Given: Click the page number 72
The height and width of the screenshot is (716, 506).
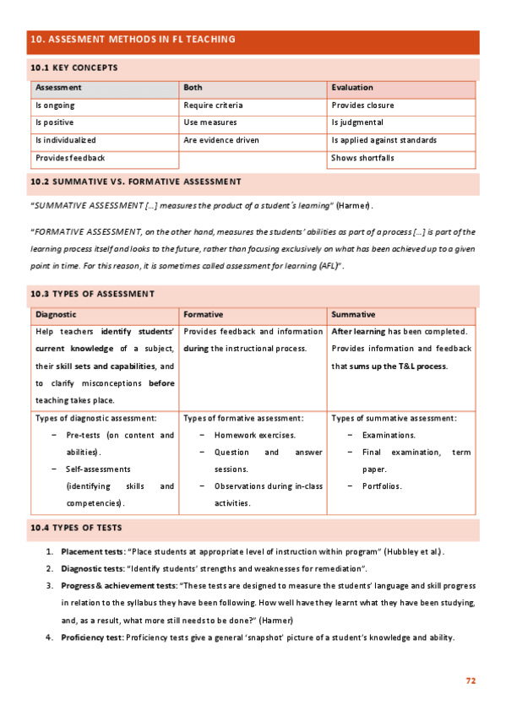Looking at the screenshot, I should pyautogui.click(x=471, y=680).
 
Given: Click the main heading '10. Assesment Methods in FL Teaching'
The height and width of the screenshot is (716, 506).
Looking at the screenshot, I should pyautogui.click(x=133, y=40).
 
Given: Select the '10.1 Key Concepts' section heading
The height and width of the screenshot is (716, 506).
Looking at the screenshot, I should pyautogui.click(x=73, y=68).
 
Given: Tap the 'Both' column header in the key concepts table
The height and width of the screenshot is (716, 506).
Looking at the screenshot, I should pyautogui.click(x=193, y=88).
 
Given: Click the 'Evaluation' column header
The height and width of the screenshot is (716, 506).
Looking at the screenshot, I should pyautogui.click(x=352, y=88).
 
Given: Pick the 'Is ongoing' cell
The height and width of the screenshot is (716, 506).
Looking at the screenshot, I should pyautogui.click(x=55, y=106).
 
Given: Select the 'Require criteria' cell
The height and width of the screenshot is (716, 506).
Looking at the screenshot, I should pyautogui.click(x=213, y=106).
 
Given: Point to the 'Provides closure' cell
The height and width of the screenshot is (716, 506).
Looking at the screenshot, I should pyautogui.click(x=362, y=106).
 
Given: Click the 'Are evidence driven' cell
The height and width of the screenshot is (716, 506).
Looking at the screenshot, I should pyautogui.click(x=221, y=140).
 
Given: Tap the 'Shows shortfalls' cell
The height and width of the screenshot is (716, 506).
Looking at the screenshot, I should pyautogui.click(x=362, y=158).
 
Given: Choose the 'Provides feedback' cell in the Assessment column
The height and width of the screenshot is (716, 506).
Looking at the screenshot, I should pyautogui.click(x=70, y=158).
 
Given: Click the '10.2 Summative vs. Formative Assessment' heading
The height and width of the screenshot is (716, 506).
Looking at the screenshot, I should pyautogui.click(x=135, y=182).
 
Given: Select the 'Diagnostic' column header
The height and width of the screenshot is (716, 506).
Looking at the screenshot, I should pyautogui.click(x=56, y=313).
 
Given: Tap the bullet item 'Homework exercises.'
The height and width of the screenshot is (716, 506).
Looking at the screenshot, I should pyautogui.click(x=255, y=435).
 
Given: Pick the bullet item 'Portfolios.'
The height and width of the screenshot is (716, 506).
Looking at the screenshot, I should pyautogui.click(x=382, y=486).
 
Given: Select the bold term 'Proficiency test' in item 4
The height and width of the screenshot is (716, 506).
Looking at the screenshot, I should pyautogui.click(x=92, y=637).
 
